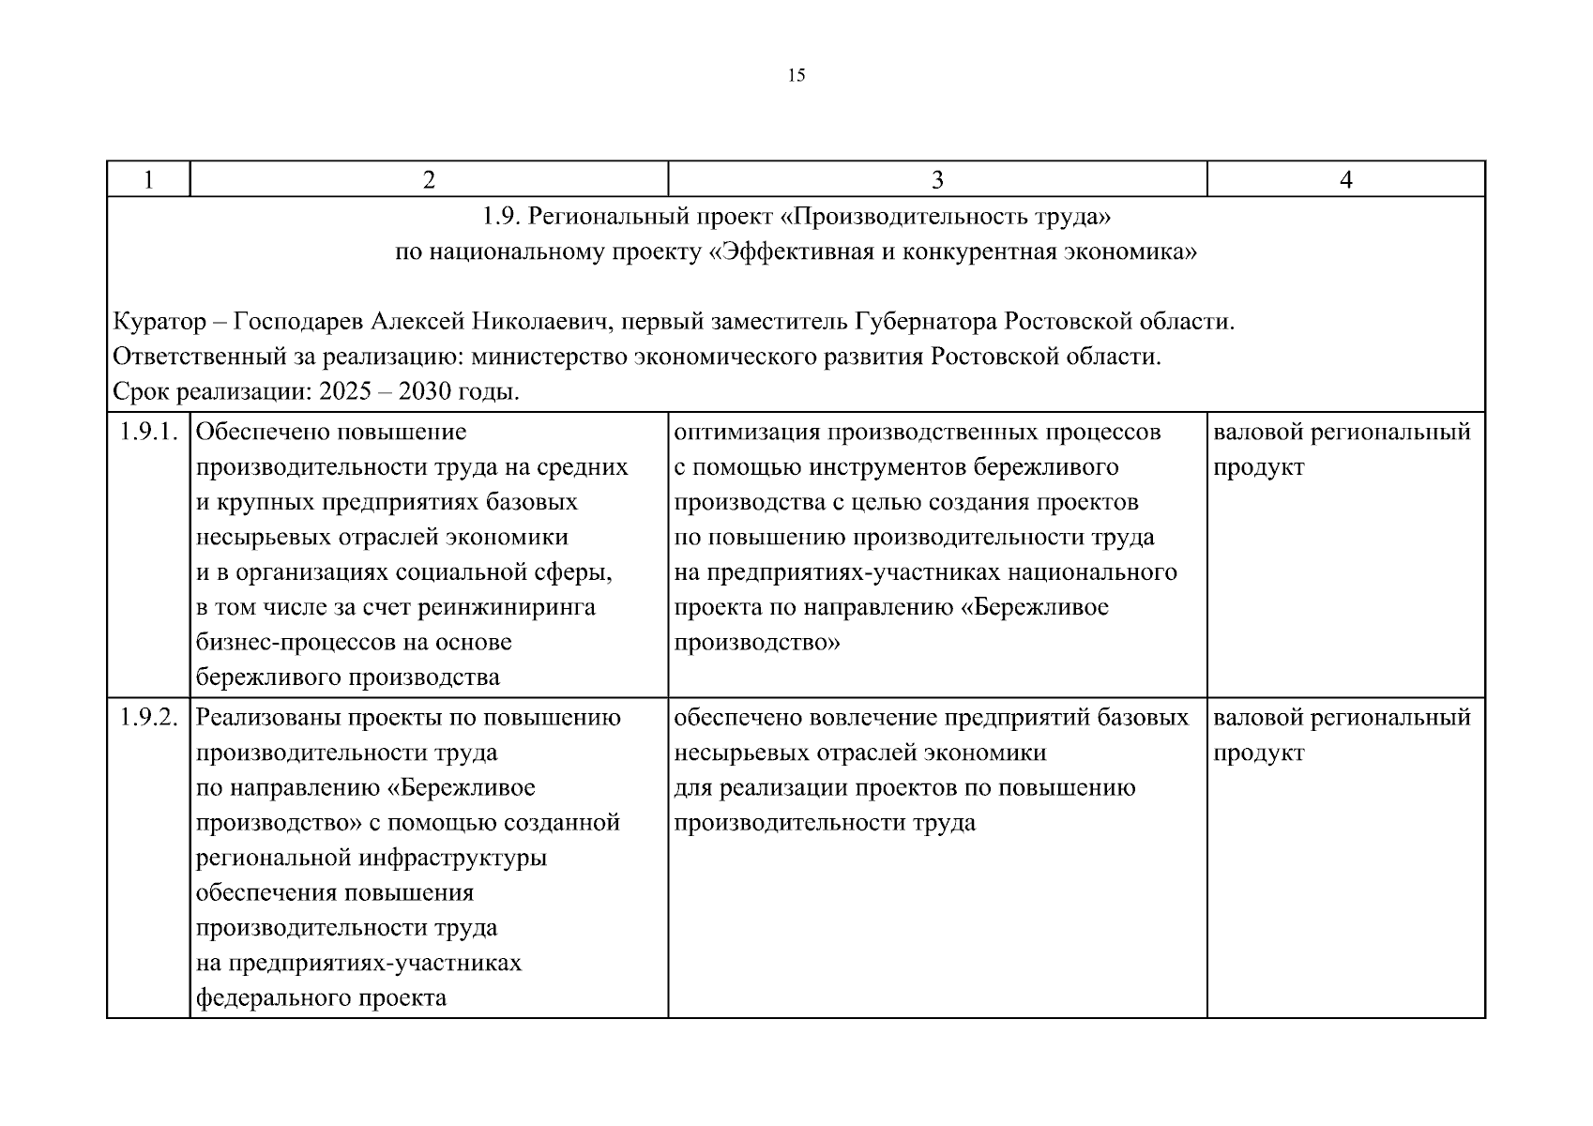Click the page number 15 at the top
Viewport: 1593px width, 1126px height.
pos(796,76)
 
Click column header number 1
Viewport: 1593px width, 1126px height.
pos(148,179)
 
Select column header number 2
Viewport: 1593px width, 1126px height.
pos(429,179)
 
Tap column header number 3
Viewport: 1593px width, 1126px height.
pos(936,179)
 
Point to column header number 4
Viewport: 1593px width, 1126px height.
pos(1345,179)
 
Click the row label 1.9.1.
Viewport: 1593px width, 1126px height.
pos(148,433)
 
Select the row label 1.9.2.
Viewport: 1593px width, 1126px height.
pos(148,718)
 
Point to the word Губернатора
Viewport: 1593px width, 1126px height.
pos(925,322)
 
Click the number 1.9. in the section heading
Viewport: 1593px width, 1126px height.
pos(501,217)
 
